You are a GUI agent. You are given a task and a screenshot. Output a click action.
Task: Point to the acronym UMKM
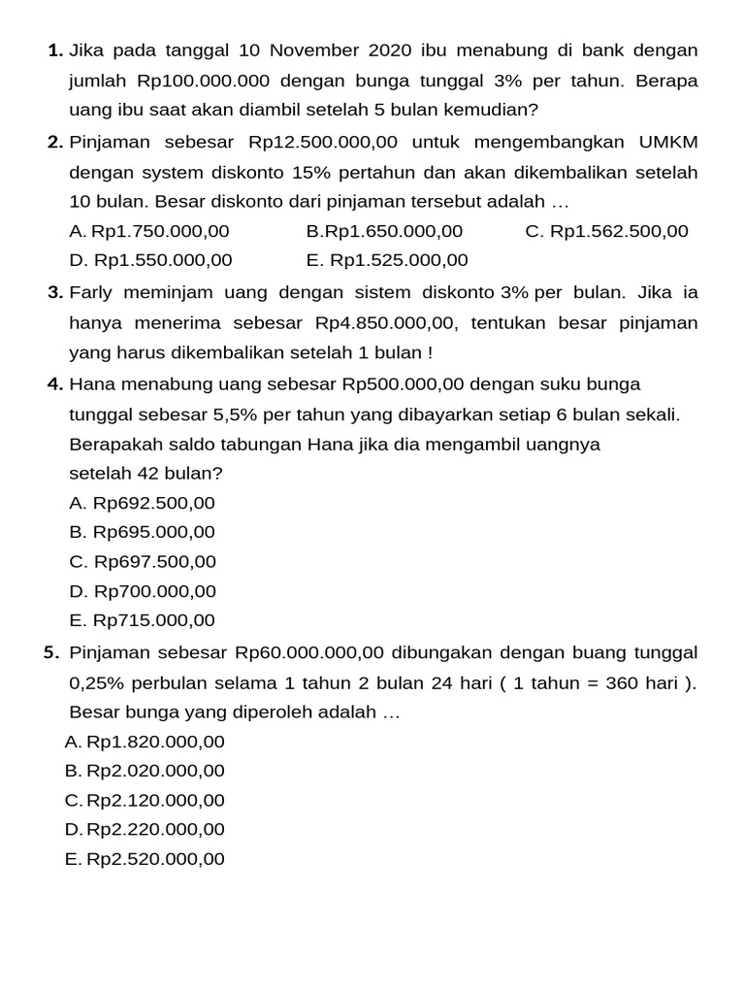click(x=667, y=143)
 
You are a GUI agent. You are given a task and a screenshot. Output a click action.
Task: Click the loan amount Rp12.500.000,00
click(x=323, y=143)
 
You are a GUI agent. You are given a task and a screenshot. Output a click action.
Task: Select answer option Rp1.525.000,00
click(x=399, y=260)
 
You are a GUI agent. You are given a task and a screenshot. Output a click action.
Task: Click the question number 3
click(x=54, y=292)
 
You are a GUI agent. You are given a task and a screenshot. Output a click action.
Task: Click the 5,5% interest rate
click(x=235, y=414)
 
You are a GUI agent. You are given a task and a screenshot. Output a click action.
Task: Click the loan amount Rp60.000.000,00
click(x=309, y=652)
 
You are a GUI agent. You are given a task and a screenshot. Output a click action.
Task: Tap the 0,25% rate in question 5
click(x=98, y=682)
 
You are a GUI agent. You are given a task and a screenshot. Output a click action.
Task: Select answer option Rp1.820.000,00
click(x=155, y=742)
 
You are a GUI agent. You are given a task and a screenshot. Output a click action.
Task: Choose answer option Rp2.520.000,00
click(x=155, y=859)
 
